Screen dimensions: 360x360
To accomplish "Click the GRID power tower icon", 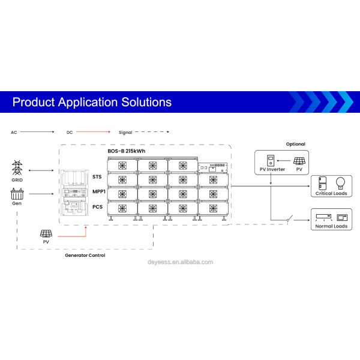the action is point(17,168).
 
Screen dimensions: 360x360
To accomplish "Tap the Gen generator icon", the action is point(17,194).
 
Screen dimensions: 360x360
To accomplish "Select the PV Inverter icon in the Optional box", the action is point(271,160).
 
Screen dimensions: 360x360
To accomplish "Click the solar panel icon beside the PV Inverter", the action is point(299,161).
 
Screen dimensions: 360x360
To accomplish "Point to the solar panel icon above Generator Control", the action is point(46,234).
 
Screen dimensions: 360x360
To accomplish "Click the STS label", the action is point(97,177).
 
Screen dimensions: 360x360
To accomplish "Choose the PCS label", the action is point(97,207).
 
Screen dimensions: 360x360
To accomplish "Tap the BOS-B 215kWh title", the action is point(127,151).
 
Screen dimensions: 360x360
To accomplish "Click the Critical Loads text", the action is point(331,193).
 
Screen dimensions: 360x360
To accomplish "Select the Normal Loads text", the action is point(331,226).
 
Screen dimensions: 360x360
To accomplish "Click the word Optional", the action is point(296,144).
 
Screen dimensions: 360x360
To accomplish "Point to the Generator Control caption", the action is point(85,256).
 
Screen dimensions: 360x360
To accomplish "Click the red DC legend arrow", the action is point(93,132).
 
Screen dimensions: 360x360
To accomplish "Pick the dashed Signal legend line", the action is point(152,132).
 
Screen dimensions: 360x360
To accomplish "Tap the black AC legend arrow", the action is point(37,132).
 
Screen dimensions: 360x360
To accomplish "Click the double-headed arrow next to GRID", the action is point(41,170).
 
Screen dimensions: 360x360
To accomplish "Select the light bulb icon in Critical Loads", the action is point(340,184).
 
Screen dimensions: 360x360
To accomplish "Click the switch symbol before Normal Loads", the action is point(290,219).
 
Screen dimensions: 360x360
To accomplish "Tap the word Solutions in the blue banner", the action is point(146,102).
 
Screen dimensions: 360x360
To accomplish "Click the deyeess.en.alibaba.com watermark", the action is point(180,262).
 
